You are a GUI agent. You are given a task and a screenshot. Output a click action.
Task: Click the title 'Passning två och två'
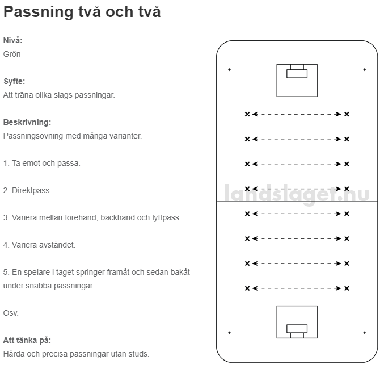[82, 12]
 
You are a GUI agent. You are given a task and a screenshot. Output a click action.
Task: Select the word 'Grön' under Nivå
[12, 54]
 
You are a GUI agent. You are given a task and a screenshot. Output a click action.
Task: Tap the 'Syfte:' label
[14, 81]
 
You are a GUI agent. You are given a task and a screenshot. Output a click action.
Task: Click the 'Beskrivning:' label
[27, 122]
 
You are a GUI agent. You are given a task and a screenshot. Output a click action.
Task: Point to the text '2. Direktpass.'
[27, 190]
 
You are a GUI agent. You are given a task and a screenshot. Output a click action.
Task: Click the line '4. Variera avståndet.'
[39, 245]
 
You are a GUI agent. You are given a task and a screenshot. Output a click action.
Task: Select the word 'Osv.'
[11, 313]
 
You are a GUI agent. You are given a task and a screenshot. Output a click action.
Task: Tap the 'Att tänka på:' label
[27, 340]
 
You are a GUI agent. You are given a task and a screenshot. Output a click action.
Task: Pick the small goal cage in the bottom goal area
[297, 331]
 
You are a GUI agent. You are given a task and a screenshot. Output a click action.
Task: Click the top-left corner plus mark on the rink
[229, 70]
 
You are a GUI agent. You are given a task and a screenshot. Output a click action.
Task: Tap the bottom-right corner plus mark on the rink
[365, 333]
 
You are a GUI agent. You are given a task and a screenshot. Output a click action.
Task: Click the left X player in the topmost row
[247, 114]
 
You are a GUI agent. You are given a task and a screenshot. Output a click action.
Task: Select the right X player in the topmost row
[347, 114]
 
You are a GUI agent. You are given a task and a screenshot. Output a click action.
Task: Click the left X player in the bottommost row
[247, 288]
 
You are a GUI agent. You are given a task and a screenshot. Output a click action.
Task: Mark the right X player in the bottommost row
[347, 288]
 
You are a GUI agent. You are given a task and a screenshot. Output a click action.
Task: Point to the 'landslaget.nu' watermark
[297, 194]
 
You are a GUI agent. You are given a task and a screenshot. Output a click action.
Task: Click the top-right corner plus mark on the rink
[365, 70]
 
